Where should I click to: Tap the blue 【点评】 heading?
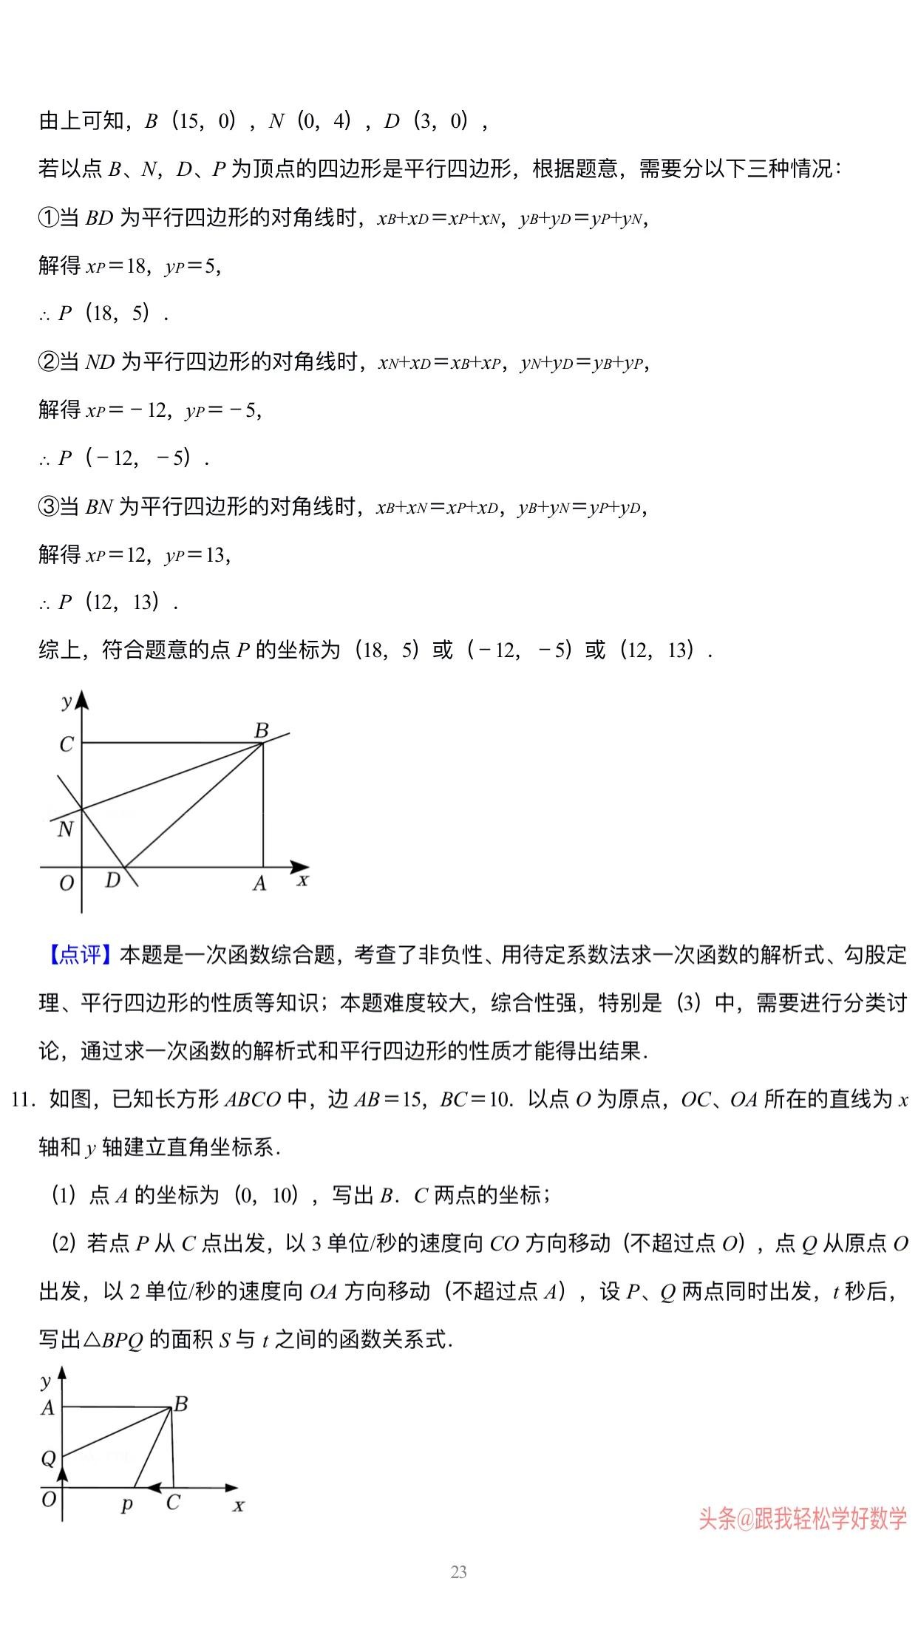pos(78,955)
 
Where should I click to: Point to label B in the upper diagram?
pos(261,731)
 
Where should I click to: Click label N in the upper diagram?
pos(65,829)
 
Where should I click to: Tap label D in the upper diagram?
pos(112,880)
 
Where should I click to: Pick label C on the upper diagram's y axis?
pos(67,744)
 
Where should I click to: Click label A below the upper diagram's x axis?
pos(259,883)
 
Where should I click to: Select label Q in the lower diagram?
pos(48,1458)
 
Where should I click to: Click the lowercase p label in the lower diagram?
pos(127,1503)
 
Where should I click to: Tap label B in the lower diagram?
pos(180,1404)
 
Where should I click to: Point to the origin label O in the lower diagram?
pos(49,1500)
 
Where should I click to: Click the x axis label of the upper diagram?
pos(302,880)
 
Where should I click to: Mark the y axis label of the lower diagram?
pos(47,1381)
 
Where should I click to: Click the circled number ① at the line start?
pos(47,218)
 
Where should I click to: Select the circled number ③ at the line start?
pos(47,508)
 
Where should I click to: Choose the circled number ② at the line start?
pos(47,363)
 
